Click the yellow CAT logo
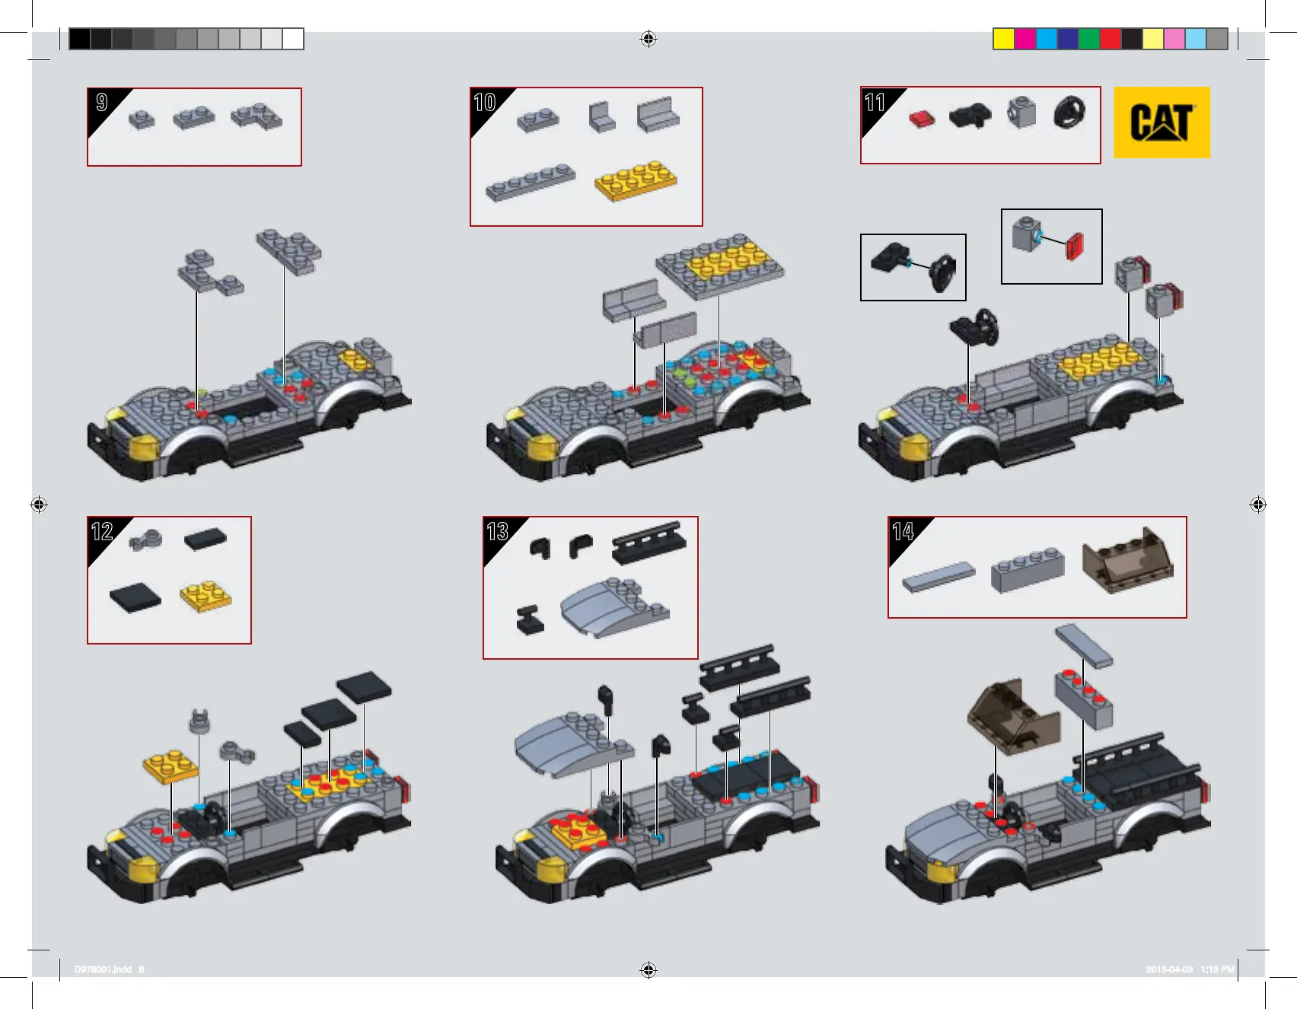(1162, 123)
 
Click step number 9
(102, 102)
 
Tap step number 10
(485, 102)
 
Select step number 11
(875, 102)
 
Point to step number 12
(102, 531)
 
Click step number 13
(497, 531)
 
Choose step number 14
(903, 531)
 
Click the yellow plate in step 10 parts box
(636, 180)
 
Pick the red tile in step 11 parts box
(922, 119)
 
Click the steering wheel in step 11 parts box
(1069, 112)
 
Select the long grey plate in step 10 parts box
(531, 183)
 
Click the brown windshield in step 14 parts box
(1127, 561)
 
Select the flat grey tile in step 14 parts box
(938, 577)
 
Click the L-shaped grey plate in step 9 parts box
(257, 116)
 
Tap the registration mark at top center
(648, 39)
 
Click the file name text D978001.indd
(103, 969)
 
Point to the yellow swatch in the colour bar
(1003, 39)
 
